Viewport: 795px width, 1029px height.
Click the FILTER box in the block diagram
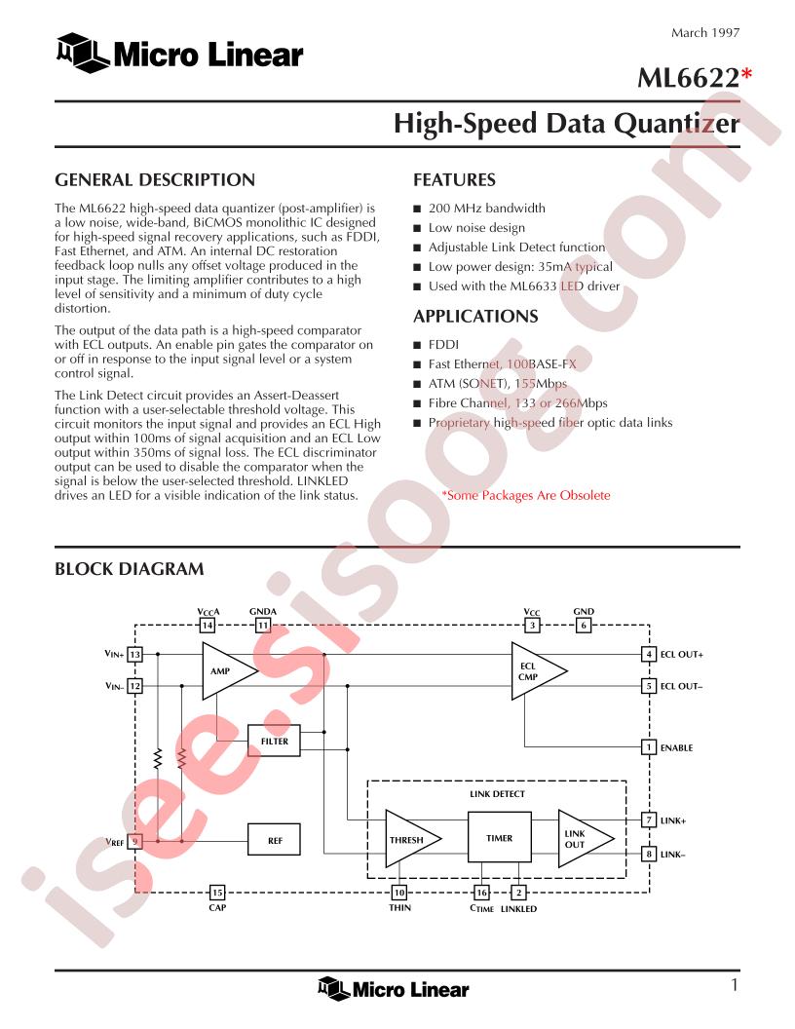click(274, 741)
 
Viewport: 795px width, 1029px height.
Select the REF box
click(274, 840)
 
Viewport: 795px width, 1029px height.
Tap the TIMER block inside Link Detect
click(499, 837)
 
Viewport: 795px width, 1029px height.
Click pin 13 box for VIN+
click(134, 654)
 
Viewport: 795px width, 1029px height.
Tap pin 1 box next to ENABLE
click(649, 746)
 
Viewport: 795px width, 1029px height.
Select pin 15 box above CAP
click(216, 893)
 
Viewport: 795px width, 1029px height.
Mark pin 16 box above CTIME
click(481, 893)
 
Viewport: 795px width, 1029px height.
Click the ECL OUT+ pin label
click(682, 654)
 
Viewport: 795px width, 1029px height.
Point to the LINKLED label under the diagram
click(518, 909)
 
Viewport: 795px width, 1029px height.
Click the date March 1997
click(705, 33)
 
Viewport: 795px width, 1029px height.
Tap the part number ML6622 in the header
click(688, 78)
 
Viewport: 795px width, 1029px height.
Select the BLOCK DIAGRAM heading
click(130, 569)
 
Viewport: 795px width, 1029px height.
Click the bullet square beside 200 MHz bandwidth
click(417, 209)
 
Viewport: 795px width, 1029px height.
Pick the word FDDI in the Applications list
click(443, 345)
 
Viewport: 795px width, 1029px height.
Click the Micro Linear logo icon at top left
click(82, 53)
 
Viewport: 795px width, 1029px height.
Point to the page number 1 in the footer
click(734, 985)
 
